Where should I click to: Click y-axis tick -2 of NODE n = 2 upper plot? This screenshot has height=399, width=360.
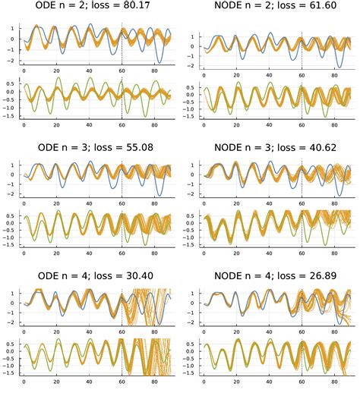click(x=193, y=66)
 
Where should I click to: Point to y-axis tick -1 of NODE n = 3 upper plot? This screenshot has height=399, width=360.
click(x=193, y=186)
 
